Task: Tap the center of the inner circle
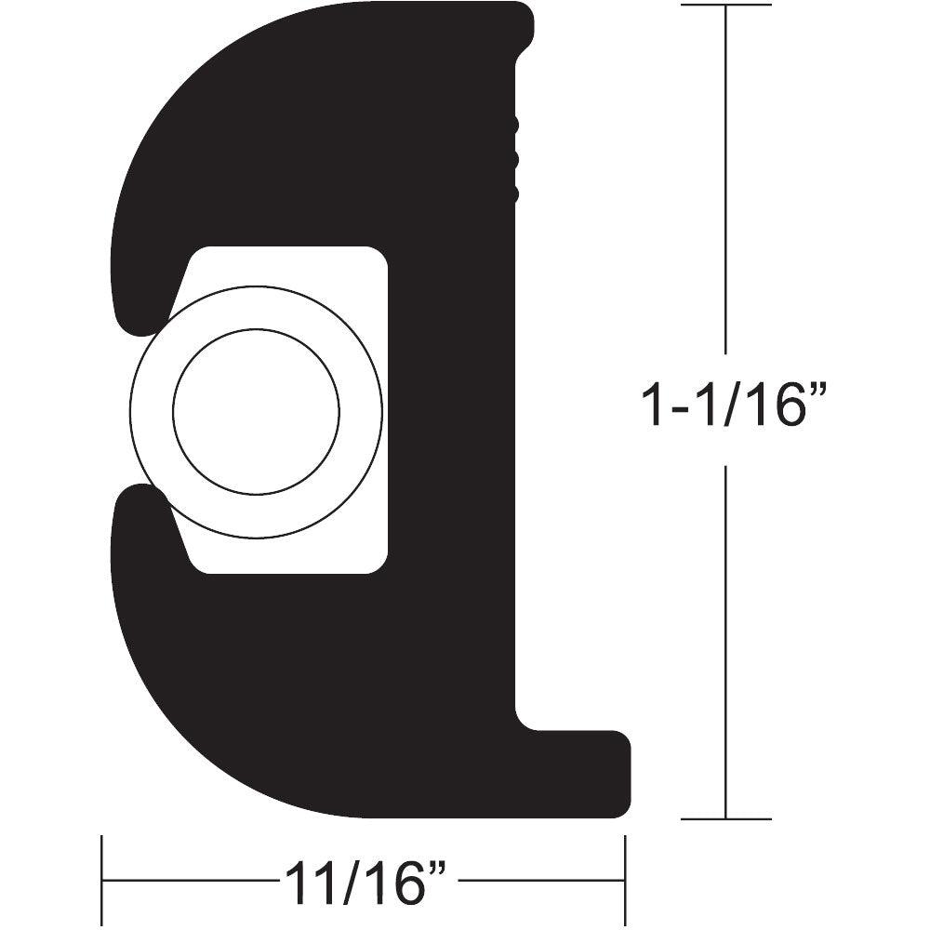(x=256, y=409)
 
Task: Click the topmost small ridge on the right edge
(x=513, y=124)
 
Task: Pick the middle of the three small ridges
(x=513, y=159)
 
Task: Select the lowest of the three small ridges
(x=513, y=193)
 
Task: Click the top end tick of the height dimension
(x=725, y=6)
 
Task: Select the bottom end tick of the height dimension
(x=725, y=819)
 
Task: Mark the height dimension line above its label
(x=725, y=186)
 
